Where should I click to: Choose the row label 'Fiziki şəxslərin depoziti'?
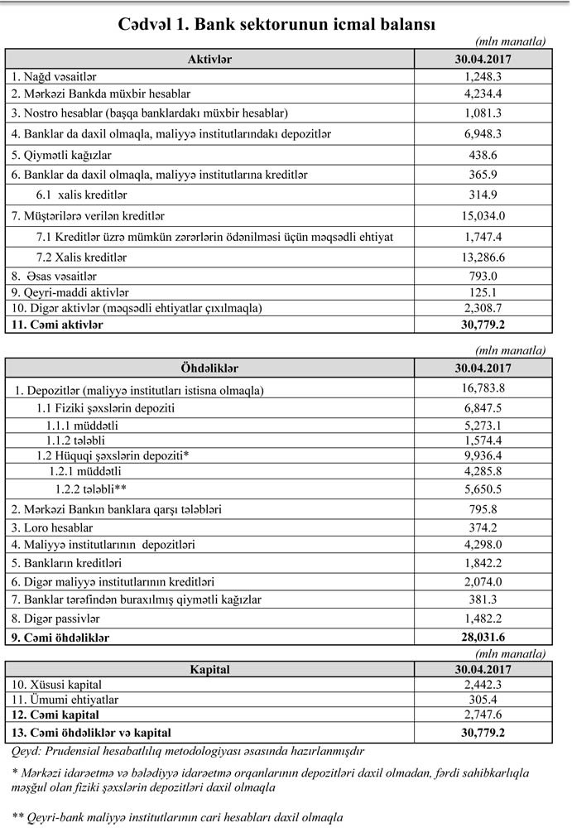click(x=106, y=408)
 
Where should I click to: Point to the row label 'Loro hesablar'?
click(x=52, y=527)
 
